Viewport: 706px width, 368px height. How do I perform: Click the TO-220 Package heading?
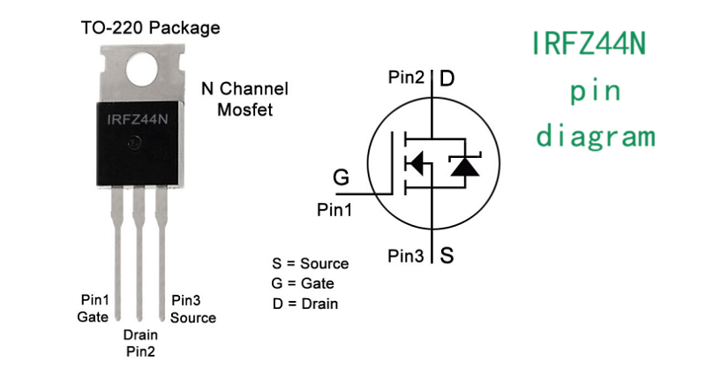(x=150, y=28)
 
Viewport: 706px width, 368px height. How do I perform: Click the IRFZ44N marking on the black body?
(x=137, y=120)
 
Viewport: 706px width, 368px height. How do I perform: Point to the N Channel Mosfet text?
(x=244, y=99)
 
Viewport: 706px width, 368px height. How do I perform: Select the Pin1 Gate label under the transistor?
(x=94, y=308)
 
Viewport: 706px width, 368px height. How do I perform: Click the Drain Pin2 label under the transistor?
(x=140, y=342)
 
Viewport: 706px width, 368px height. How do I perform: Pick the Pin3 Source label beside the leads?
(x=193, y=309)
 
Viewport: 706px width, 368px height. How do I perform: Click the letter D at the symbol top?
(x=447, y=79)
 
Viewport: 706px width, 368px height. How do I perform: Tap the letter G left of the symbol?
(x=341, y=178)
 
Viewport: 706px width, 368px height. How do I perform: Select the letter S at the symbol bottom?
(x=447, y=257)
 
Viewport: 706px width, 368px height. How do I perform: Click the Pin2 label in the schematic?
(x=407, y=78)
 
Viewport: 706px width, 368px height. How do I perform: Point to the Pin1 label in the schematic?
(x=334, y=210)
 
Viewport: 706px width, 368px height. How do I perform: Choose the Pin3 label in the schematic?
(x=407, y=256)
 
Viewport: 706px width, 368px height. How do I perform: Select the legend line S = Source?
(x=310, y=264)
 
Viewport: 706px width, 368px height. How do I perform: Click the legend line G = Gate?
(x=304, y=283)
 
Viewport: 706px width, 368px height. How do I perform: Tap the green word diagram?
(x=596, y=136)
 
